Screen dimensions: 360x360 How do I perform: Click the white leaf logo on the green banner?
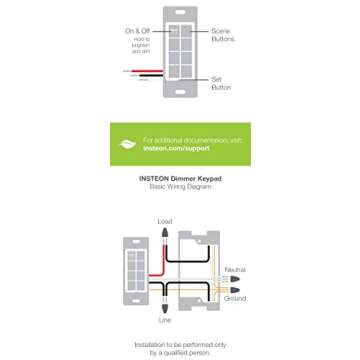pyautogui.click(x=129, y=145)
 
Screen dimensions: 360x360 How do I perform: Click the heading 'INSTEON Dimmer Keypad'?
pyautogui.click(x=179, y=180)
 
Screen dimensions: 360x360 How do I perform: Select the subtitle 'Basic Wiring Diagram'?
pyautogui.click(x=179, y=188)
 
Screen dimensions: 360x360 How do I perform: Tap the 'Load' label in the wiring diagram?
pyautogui.click(x=165, y=221)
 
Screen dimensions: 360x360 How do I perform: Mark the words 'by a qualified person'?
pyautogui.click(x=179, y=353)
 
